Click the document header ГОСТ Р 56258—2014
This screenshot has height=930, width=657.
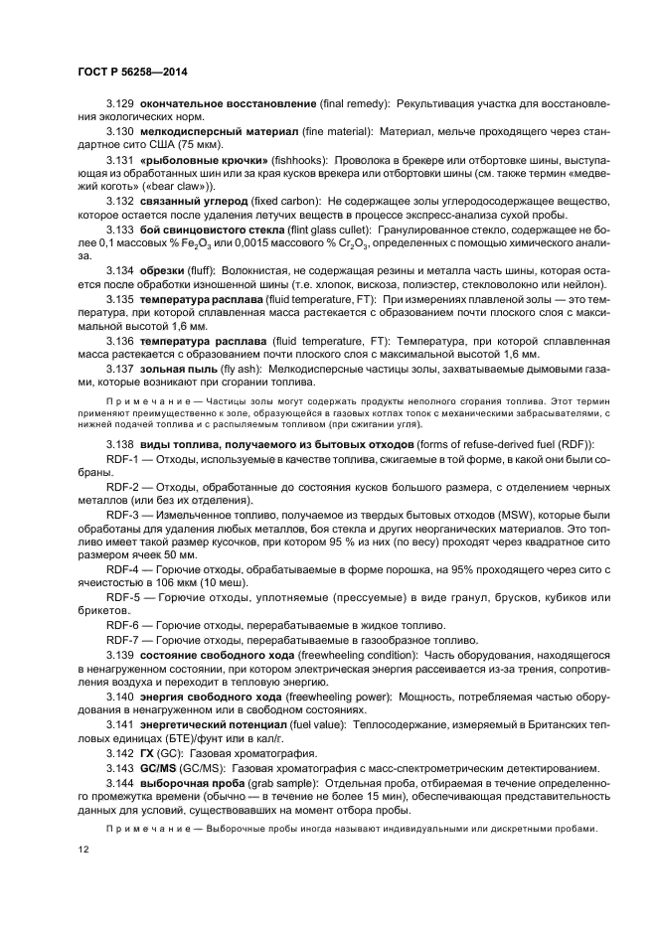click(x=131, y=73)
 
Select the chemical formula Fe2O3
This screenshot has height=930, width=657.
click(x=185, y=243)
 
